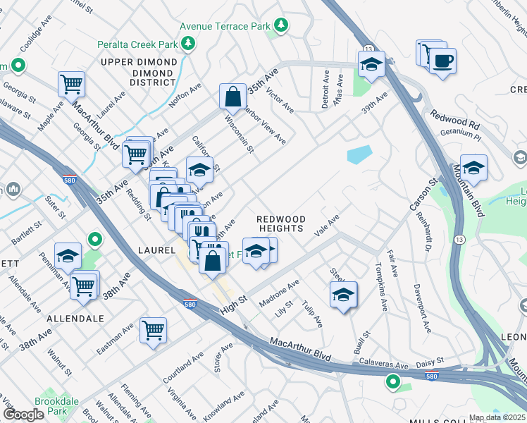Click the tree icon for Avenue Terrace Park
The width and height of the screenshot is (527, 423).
coord(281,26)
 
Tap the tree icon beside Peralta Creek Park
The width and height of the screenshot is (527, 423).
coord(188,44)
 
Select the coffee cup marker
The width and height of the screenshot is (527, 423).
coord(442,62)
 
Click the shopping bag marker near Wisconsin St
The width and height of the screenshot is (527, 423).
coord(232,96)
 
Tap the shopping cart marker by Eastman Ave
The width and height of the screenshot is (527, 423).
coord(153,330)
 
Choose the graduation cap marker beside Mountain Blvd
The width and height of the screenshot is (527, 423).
coord(473,168)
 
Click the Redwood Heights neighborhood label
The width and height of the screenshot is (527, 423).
coord(280,224)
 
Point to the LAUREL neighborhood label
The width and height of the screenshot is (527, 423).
coord(156,250)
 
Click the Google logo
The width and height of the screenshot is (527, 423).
coord(24,415)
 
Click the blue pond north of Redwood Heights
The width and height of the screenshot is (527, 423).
coord(359,154)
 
